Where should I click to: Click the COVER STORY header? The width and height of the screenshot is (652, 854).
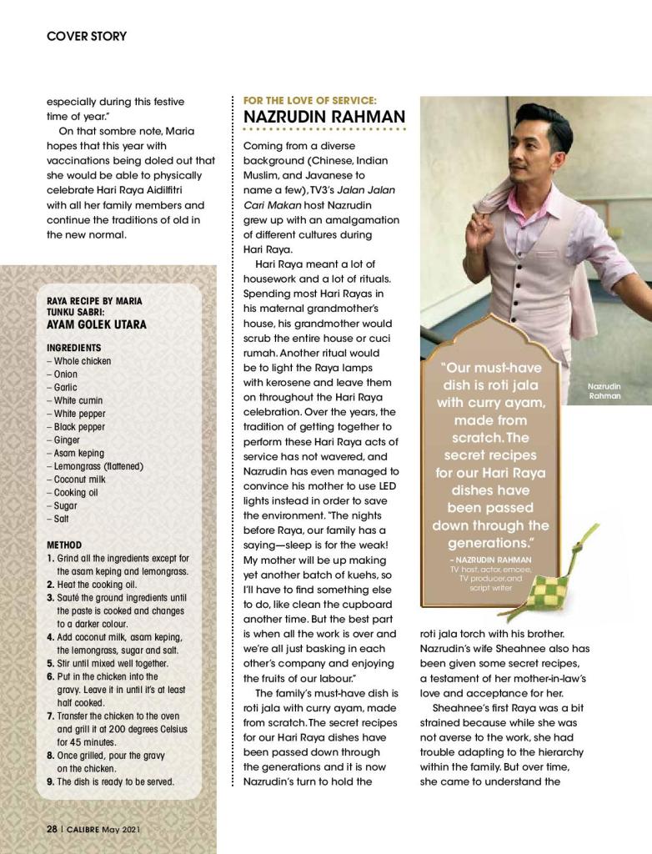point(87,36)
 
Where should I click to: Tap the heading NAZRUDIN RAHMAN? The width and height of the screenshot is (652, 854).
point(324,117)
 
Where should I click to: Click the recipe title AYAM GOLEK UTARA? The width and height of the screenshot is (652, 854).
point(97,324)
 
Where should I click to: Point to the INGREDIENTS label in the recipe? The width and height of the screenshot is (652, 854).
point(74,348)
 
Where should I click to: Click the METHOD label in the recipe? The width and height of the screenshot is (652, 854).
point(64,545)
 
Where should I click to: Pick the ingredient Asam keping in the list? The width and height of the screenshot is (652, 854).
point(79,453)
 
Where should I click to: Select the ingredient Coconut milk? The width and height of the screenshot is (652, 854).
point(80,480)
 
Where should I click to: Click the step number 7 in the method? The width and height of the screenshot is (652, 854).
point(51,716)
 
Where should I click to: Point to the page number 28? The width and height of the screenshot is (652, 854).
point(52,829)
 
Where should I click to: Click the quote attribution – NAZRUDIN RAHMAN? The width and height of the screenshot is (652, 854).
point(489,560)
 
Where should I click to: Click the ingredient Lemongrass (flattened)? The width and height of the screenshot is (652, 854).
point(98,466)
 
